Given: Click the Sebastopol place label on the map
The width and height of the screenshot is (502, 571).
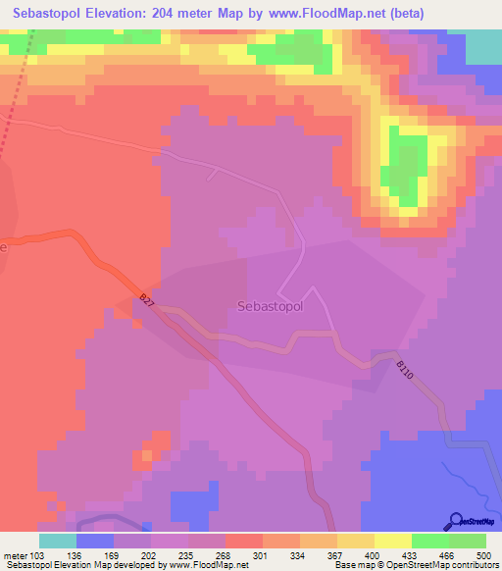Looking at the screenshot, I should point(271,305).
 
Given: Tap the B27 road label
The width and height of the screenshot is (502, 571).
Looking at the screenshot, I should point(147,301).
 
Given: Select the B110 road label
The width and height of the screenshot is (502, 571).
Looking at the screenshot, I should point(406,371).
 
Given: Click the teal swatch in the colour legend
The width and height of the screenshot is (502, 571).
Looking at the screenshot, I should point(57,541).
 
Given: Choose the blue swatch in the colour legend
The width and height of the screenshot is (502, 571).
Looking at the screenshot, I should point(94,541).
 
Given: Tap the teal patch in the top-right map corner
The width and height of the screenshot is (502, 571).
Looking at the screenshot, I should point(482,47).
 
